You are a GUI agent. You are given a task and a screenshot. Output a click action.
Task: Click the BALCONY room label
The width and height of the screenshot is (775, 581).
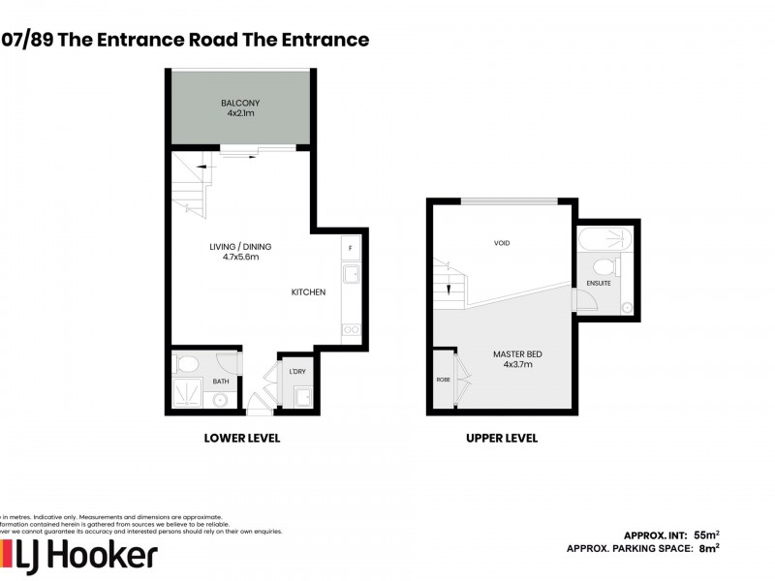tap(239, 103)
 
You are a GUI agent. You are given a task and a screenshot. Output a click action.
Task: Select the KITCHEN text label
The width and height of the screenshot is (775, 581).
tap(310, 292)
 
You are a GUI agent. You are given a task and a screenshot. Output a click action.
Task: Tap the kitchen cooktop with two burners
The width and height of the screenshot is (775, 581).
tap(351, 329)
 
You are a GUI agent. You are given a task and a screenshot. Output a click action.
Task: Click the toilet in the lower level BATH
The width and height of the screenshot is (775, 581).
tap(186, 365)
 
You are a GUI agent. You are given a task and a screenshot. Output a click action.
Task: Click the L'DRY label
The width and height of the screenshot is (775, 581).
tap(297, 372)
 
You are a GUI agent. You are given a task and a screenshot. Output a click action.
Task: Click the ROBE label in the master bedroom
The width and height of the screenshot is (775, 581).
tap(444, 380)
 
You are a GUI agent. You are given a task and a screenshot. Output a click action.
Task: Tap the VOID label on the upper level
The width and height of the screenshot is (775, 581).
tap(501, 243)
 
